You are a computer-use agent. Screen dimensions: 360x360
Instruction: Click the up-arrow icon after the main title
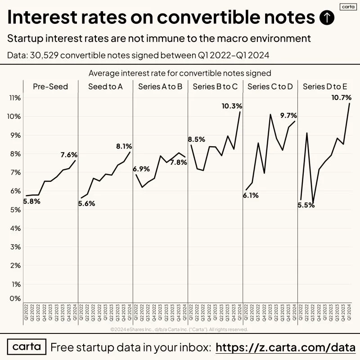click(327, 18)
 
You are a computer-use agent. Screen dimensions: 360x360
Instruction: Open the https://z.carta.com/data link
click(286, 347)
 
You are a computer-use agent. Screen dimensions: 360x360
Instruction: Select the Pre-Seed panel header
click(50, 86)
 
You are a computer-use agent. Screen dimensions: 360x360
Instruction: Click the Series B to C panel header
click(215, 86)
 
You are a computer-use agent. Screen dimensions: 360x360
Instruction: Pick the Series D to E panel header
click(325, 86)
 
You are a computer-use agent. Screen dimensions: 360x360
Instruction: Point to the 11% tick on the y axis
click(15, 98)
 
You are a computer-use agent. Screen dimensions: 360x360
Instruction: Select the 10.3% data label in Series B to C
click(232, 106)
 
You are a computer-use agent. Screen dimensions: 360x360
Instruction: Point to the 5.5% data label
click(306, 205)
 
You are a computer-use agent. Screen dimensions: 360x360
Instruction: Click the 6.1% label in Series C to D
click(251, 195)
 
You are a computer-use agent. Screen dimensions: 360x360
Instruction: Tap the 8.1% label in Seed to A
click(124, 146)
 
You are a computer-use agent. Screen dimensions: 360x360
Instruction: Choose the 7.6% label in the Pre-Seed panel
click(69, 155)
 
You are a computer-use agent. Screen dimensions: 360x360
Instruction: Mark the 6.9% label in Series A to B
click(141, 169)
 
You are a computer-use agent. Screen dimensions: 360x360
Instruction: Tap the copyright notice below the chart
click(179, 329)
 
